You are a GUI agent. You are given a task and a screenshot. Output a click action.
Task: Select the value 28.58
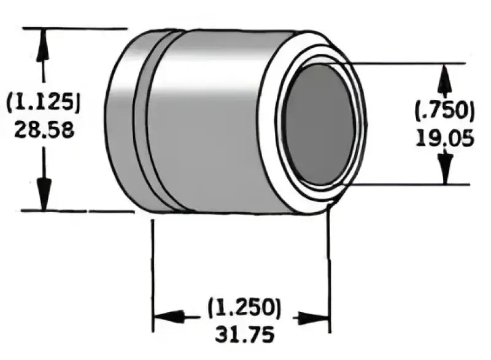click(x=44, y=131)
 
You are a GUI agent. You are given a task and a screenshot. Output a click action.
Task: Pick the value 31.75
click(x=244, y=335)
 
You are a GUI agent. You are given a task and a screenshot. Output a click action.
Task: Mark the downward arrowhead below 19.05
click(x=445, y=170)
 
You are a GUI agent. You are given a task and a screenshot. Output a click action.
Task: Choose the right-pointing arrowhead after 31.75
click(x=317, y=318)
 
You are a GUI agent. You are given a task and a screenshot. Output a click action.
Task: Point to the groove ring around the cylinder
click(x=142, y=123)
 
